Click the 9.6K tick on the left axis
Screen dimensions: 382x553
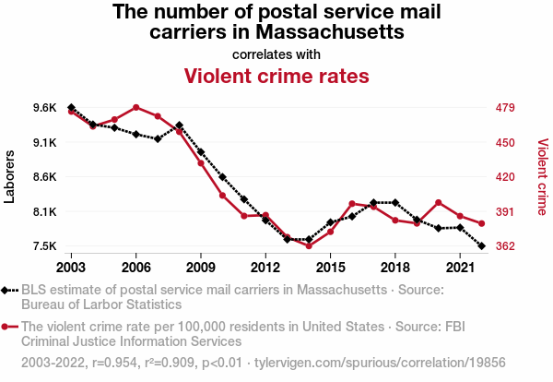[43, 108]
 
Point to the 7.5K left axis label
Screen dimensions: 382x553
[43, 246]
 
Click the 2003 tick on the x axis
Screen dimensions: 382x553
[71, 267]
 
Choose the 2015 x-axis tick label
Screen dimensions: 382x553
[330, 267]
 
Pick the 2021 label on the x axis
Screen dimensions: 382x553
[460, 267]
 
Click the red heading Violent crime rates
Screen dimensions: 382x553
[276, 75]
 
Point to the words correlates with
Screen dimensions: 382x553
[276, 54]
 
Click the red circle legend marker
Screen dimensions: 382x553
[8, 327]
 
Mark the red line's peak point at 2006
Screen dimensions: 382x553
[135, 107]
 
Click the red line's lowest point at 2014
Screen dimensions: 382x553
[309, 245]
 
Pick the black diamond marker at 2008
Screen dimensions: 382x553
[179, 125]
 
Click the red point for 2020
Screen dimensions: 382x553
[439, 202]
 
